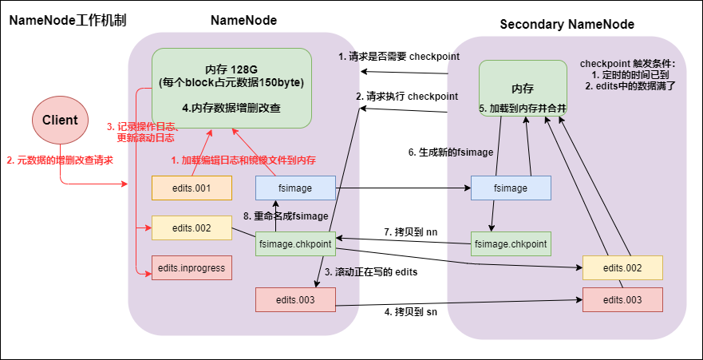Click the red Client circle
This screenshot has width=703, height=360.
coord(60,121)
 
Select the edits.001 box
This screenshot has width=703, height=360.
coord(192,188)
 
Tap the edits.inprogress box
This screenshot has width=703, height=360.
coord(192,267)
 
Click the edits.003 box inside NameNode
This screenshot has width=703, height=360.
coord(295,299)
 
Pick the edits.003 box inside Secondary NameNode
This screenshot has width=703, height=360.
coord(623,299)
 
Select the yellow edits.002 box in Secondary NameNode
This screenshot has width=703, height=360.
coord(623,267)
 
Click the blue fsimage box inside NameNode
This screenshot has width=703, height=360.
coord(295,188)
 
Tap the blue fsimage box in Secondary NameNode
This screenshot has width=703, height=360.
coord(511,188)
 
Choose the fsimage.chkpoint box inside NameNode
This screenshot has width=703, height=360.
coord(295,243)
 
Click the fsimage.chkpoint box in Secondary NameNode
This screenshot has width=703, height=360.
coord(511,243)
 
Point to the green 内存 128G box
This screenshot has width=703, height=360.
coord(231,88)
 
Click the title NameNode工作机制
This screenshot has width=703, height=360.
coord(68,20)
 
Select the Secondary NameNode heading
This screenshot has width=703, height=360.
coord(567,24)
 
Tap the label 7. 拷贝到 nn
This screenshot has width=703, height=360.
coord(412,231)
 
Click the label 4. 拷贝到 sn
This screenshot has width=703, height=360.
coord(412,311)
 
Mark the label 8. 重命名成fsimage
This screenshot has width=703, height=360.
coord(286,216)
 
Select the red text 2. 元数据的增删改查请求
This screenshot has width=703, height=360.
coord(59,160)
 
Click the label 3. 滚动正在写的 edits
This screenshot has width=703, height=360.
coord(371,271)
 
